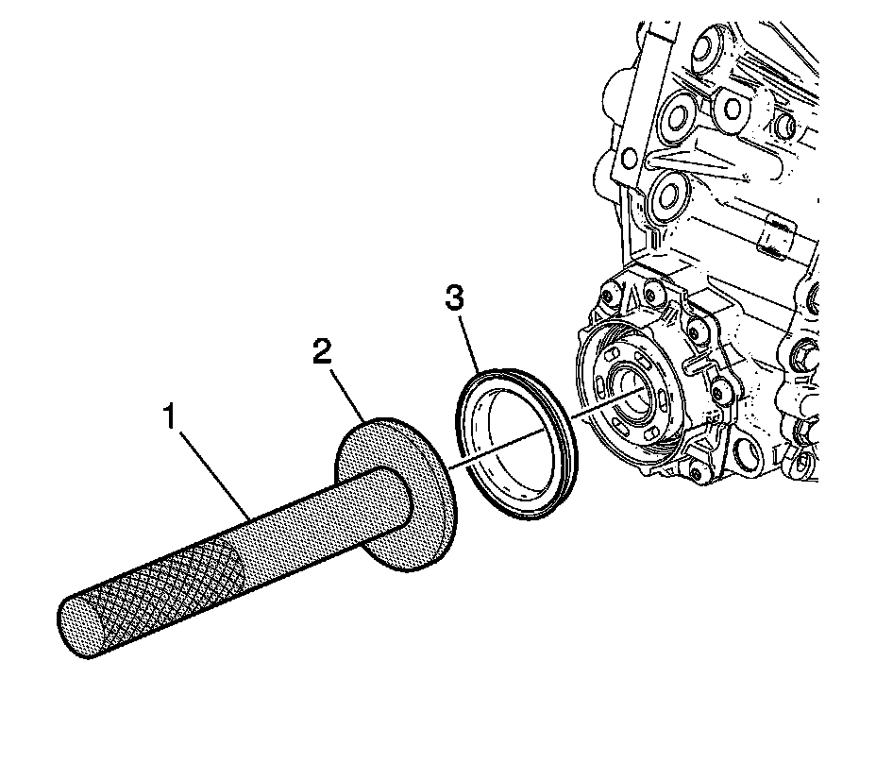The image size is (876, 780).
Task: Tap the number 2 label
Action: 322,352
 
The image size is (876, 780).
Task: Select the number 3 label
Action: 454,299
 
